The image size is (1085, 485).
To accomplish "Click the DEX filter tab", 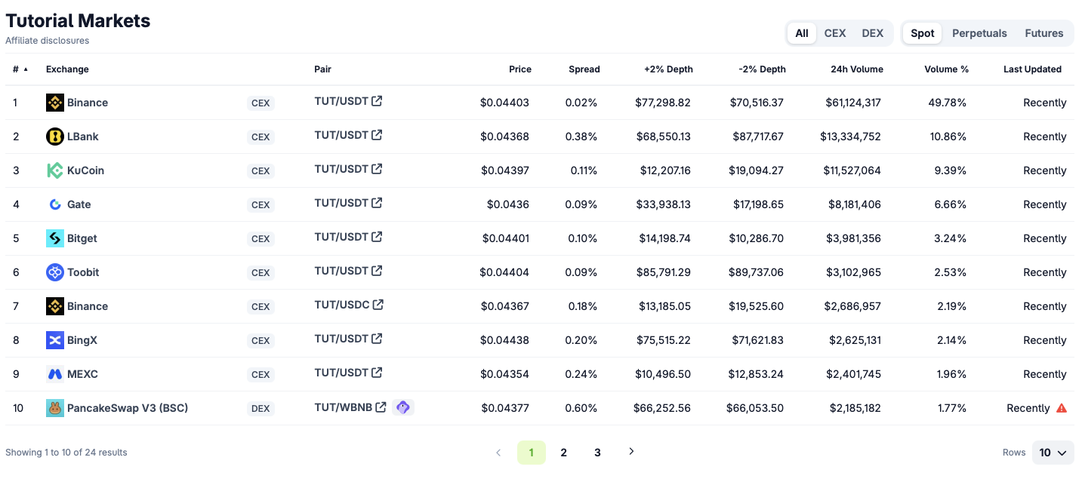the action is pyautogui.click(x=872, y=33).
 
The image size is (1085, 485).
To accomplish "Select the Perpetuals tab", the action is pyautogui.click(x=979, y=33).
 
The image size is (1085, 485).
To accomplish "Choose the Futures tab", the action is pyautogui.click(x=1043, y=33).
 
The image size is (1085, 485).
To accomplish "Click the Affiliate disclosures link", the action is pyautogui.click(x=48, y=41).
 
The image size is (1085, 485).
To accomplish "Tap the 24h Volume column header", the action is pyautogui.click(x=857, y=69).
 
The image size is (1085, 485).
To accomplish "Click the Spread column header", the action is pyautogui.click(x=584, y=69).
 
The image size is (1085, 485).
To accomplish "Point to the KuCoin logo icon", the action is pyautogui.click(x=54, y=170).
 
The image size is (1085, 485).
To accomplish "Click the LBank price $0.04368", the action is pyautogui.click(x=504, y=137).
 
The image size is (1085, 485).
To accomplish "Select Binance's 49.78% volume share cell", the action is pyautogui.click(x=947, y=103).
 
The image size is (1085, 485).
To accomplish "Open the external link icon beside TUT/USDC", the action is pyautogui.click(x=378, y=305).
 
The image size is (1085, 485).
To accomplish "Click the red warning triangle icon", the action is pyautogui.click(x=1062, y=408).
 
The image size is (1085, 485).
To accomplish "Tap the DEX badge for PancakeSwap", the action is pyautogui.click(x=260, y=408).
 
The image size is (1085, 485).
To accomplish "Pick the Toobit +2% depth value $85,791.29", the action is pyautogui.click(x=663, y=272).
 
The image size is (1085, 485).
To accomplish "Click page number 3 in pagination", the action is pyautogui.click(x=597, y=453).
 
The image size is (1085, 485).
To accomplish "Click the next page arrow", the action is pyautogui.click(x=631, y=452).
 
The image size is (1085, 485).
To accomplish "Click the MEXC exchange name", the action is pyautogui.click(x=82, y=374).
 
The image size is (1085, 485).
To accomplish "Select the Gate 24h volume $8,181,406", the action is pyautogui.click(x=855, y=204).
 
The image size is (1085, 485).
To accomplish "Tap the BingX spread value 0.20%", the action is pyautogui.click(x=581, y=340).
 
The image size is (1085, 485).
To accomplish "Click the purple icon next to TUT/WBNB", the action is pyautogui.click(x=403, y=407).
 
